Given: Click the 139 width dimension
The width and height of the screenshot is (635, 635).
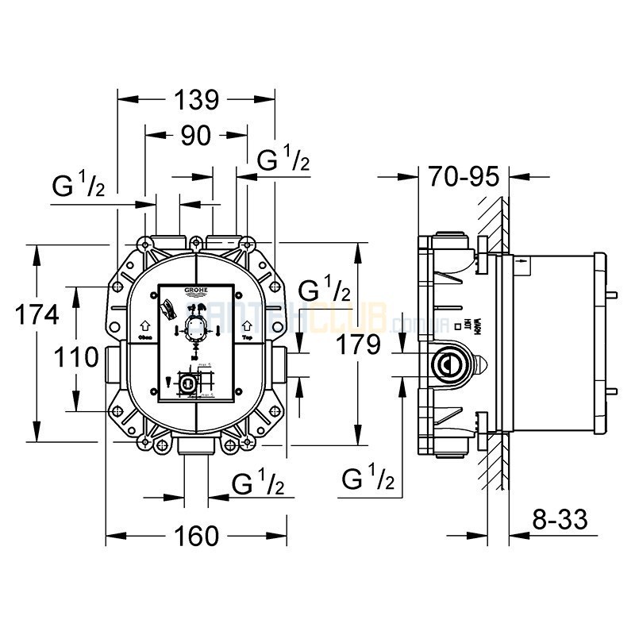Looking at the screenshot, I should coord(195,99).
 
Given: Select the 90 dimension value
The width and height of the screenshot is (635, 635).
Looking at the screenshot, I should coord(195,136).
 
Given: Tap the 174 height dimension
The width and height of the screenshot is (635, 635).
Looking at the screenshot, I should coord(37,314).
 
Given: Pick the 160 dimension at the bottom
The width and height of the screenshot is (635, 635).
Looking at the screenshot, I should coord(195,536).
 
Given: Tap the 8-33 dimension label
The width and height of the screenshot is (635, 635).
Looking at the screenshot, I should coord(559,521).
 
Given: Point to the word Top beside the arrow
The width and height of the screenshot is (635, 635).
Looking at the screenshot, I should coord(247,337).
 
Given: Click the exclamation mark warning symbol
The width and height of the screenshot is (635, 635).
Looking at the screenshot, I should coord(167,387).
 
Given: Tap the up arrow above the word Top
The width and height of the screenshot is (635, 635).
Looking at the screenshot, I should coord(247,324).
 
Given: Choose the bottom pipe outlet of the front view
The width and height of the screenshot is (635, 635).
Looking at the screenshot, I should coord(195,448).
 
